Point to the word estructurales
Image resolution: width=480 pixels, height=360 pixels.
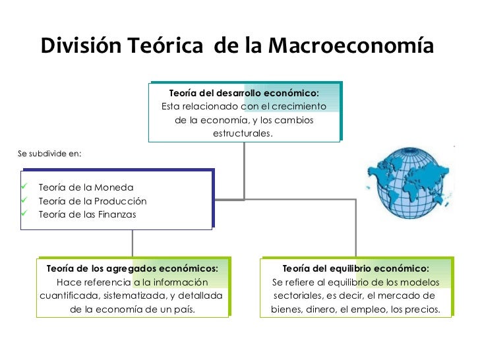(x=243, y=134)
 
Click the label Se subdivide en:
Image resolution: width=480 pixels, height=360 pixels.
(x=50, y=153)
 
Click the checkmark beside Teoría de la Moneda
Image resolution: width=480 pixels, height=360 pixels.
(x=24, y=187)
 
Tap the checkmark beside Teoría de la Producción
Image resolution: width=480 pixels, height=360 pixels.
(x=24, y=200)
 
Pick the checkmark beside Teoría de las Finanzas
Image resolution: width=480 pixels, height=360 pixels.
(x=24, y=214)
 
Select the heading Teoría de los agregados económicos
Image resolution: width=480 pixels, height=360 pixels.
(x=133, y=268)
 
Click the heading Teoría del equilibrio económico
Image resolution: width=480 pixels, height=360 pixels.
(x=355, y=268)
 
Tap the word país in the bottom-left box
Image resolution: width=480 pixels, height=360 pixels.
(x=183, y=308)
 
